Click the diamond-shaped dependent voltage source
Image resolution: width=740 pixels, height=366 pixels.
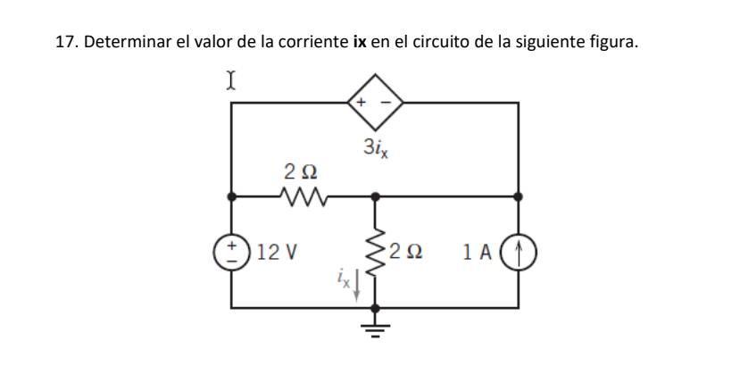coord(375,103)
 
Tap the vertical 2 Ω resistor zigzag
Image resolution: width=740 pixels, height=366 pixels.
coord(375,250)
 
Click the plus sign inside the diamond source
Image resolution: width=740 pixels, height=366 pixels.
coord(362,102)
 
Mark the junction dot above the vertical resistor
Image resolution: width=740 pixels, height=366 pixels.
coord(375,195)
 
